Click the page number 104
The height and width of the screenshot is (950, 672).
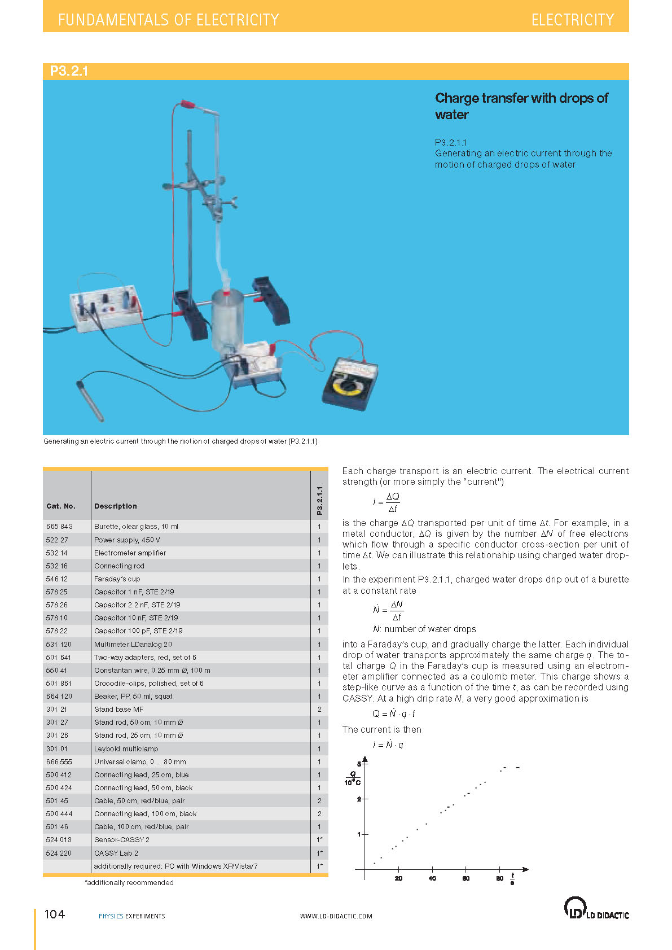point(55,914)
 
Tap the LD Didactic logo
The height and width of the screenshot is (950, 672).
point(596,909)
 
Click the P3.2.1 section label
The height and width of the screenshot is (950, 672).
point(69,71)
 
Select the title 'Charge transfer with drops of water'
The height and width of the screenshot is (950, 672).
point(521,106)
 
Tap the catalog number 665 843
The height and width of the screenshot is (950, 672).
point(59,527)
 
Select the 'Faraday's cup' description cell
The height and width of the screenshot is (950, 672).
point(117,579)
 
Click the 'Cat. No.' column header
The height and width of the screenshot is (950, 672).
point(61,506)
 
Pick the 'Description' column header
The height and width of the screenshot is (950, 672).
point(116,506)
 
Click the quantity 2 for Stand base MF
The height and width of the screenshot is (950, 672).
point(319,709)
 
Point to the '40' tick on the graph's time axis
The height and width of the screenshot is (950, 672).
point(432,878)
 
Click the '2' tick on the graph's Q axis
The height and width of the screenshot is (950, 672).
point(359,799)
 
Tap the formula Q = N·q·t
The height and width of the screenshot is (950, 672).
point(394,713)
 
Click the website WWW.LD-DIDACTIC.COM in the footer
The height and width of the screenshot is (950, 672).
point(336,916)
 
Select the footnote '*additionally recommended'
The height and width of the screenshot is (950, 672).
point(129,883)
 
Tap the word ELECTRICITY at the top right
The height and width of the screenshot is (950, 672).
point(572,20)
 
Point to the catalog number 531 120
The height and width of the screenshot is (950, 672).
point(59,644)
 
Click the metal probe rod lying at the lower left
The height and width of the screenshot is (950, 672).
point(90,401)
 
